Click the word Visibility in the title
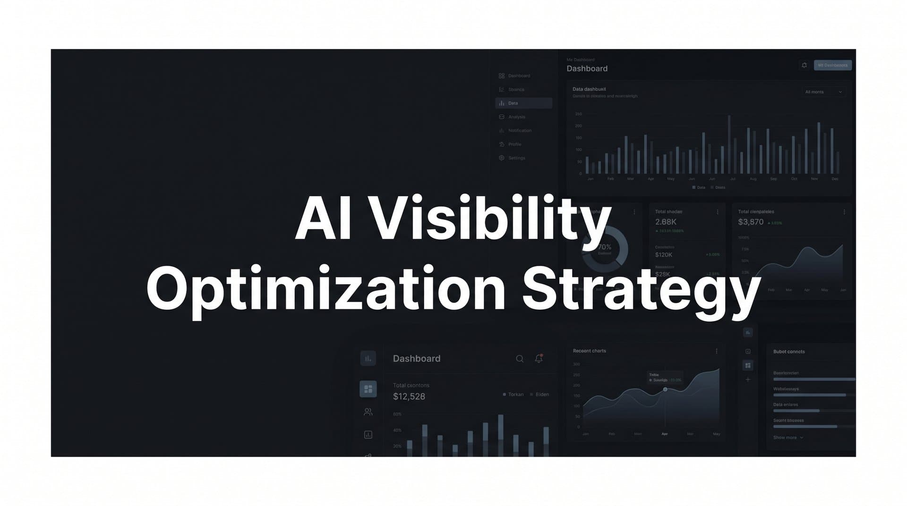(x=489, y=219)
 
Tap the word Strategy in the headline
(x=641, y=289)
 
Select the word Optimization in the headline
(x=326, y=289)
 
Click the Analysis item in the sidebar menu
(x=516, y=117)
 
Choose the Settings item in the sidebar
(x=516, y=158)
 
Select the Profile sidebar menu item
(x=514, y=144)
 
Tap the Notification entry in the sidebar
(x=520, y=131)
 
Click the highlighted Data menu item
(x=523, y=103)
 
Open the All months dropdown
(x=823, y=92)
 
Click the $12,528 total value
(x=409, y=397)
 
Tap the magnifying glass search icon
(x=520, y=359)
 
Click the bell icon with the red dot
(x=539, y=359)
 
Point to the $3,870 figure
(x=751, y=222)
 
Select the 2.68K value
(x=666, y=222)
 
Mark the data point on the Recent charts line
(x=665, y=389)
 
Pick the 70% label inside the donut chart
(x=605, y=247)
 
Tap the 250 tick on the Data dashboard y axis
(x=579, y=114)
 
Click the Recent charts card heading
(x=589, y=351)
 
